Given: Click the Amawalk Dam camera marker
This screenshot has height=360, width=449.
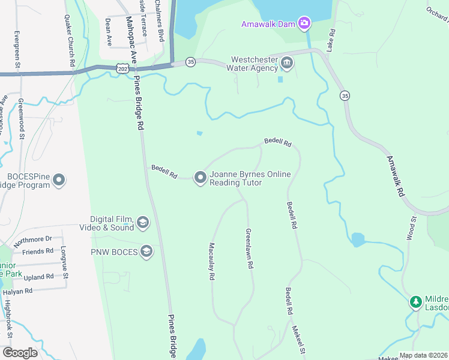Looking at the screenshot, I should click(x=304, y=23).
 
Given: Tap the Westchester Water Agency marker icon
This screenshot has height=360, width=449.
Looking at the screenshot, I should click(x=286, y=62).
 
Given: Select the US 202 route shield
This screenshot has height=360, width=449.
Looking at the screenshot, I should click(x=122, y=69).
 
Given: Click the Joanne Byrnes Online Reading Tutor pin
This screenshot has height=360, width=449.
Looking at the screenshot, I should click(x=200, y=177).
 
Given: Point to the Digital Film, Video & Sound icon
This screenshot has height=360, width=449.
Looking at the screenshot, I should click(x=143, y=224).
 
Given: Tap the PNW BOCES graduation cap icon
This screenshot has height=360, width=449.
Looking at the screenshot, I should click(x=146, y=252).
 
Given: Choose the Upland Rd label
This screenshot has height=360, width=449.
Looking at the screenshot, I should click(x=39, y=277).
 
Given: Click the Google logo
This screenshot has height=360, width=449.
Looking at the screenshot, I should click(x=20, y=353).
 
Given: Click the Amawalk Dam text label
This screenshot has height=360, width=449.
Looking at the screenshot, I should click(x=269, y=24).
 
